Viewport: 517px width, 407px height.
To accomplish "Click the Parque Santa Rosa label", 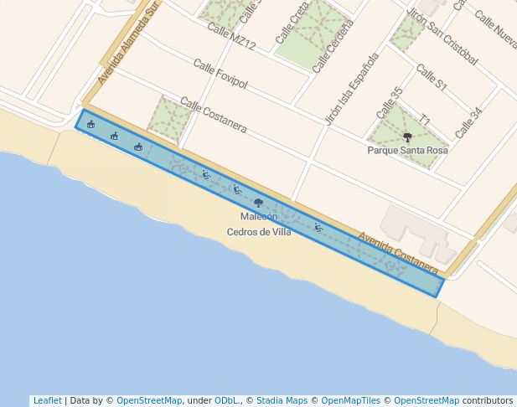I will pos(407,151).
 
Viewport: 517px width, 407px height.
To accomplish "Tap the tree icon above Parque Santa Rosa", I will pos(407,137).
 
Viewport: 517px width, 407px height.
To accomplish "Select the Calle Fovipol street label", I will pos(220,74).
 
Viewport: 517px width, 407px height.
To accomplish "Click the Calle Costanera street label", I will pos(213,116).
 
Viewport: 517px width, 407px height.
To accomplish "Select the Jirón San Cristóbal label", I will pos(441,37).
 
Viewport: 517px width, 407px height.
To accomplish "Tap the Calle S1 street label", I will pos(432,79).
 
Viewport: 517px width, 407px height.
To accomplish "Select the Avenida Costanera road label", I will pos(398,253).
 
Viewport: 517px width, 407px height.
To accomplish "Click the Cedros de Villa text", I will pos(259,232).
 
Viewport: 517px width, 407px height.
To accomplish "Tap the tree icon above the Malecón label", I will pos(258,203).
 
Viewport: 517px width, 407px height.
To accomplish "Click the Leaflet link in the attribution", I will pos(47,400).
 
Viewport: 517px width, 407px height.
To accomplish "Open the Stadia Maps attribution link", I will pos(282,400).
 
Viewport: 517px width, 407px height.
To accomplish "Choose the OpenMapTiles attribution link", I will pos(349,400).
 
